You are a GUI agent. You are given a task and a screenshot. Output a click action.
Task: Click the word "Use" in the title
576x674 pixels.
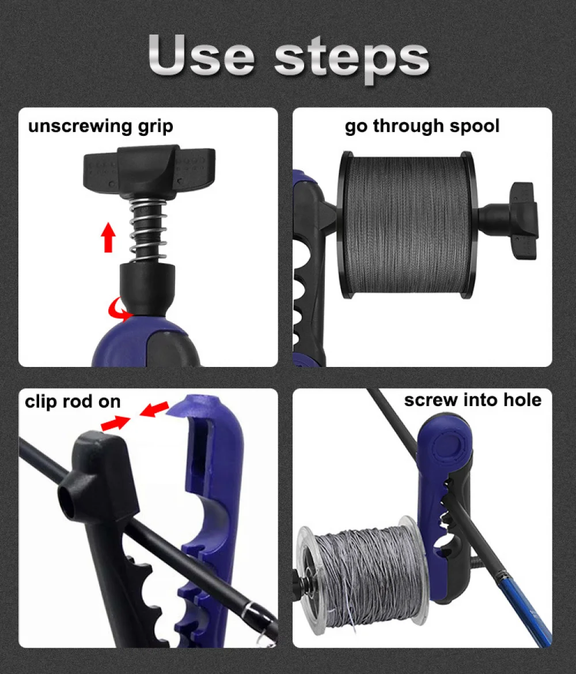(x=201, y=55)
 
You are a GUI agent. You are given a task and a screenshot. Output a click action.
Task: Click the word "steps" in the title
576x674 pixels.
(x=351, y=59)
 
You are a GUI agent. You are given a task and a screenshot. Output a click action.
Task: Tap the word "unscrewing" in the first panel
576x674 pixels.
(x=79, y=126)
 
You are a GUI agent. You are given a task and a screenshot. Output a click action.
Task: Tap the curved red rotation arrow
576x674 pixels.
(x=119, y=311)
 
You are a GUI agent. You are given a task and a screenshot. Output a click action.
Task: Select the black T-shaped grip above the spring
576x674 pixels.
(x=149, y=171)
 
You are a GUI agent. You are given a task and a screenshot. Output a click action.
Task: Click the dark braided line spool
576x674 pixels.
(x=406, y=224)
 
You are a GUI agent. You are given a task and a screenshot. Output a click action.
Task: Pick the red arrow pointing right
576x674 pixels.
(x=115, y=423)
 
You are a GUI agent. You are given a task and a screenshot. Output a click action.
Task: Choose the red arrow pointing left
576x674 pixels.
(x=154, y=409)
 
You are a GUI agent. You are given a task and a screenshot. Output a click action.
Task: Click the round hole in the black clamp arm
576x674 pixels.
(x=69, y=498)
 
